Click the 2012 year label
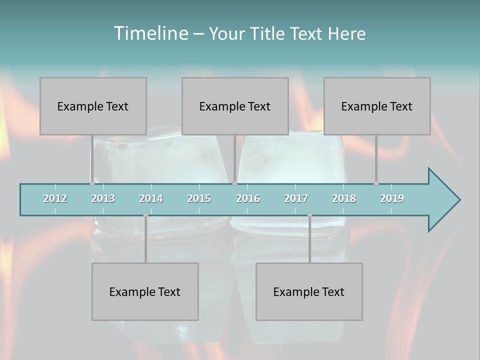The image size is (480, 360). [x=55, y=198]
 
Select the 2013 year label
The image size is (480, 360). [x=103, y=198]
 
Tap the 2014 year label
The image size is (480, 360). [x=151, y=198]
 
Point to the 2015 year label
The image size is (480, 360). [x=199, y=198]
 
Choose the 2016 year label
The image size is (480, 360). [x=248, y=198]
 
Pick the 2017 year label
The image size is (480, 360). [x=296, y=198]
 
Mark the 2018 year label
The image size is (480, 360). [x=344, y=198]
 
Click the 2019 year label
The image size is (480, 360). [x=392, y=198]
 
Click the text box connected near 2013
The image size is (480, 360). [x=93, y=106]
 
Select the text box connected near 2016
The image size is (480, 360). [x=235, y=106]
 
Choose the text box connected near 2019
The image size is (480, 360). [x=377, y=106]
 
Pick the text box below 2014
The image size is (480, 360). [x=145, y=291]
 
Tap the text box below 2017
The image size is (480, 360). [x=309, y=291]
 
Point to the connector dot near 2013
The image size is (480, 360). [x=92, y=183]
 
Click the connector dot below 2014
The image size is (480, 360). [x=145, y=215]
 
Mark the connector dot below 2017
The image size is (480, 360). [x=309, y=215]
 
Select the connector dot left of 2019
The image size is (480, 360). [x=376, y=183]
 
